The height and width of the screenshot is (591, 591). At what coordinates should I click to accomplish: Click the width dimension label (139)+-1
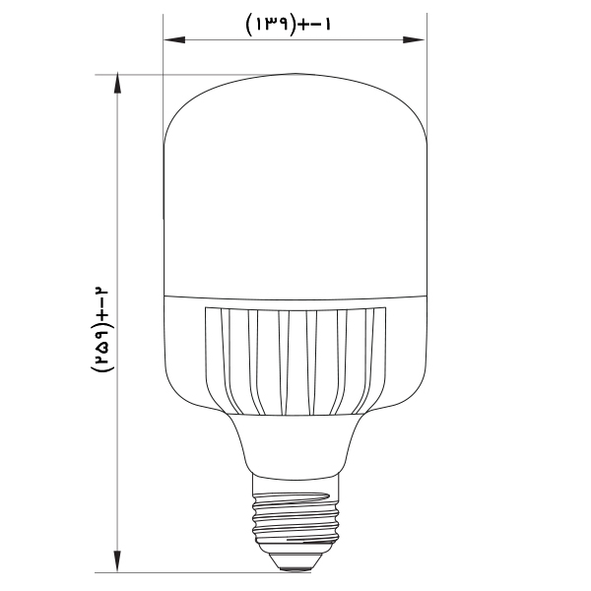pos(289,25)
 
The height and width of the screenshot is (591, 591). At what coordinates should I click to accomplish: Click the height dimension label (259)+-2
pos(99,330)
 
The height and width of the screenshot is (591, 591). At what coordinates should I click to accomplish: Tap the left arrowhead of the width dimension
pos(174,39)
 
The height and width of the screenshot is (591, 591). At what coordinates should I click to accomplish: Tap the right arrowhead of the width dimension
pos(414,39)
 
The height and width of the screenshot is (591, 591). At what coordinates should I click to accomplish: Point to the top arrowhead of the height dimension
pos(117,84)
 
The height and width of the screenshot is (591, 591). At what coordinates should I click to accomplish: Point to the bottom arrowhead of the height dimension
pos(117,561)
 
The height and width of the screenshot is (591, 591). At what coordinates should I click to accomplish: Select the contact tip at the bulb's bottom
pos(295,562)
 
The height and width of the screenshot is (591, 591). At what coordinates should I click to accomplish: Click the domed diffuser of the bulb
pos(295,186)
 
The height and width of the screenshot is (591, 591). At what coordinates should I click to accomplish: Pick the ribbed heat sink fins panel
pos(295,361)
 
